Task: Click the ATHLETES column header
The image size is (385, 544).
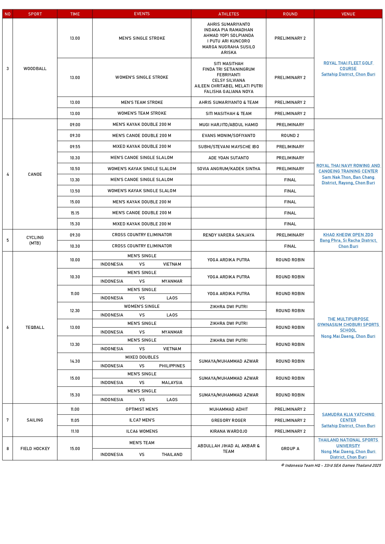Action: [x=228, y=14]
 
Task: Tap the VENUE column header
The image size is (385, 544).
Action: [x=348, y=14]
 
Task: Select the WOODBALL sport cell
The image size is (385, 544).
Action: [x=35, y=69]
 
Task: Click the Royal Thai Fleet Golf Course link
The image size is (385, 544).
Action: [x=348, y=66]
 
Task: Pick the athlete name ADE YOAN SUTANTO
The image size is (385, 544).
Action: [x=228, y=158]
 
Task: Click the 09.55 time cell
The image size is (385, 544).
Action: [x=75, y=147]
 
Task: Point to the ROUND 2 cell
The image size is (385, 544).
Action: [x=290, y=135]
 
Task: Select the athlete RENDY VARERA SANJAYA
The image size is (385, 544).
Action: [x=228, y=235]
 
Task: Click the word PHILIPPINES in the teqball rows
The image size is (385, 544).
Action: [x=172, y=366]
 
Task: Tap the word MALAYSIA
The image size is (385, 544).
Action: [x=172, y=383]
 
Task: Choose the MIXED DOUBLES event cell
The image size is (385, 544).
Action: [x=142, y=357]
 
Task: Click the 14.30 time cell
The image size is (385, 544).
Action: [x=75, y=361]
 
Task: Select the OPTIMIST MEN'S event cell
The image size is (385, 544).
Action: [x=142, y=409]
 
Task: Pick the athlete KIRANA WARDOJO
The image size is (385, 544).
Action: [x=228, y=431]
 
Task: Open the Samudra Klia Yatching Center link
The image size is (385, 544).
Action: [x=348, y=417]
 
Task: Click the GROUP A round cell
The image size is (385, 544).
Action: [x=290, y=449]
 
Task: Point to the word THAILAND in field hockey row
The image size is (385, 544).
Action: [x=172, y=454]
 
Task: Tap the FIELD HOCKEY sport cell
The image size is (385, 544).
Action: [x=35, y=449]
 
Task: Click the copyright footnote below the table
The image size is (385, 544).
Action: [x=331, y=465]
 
